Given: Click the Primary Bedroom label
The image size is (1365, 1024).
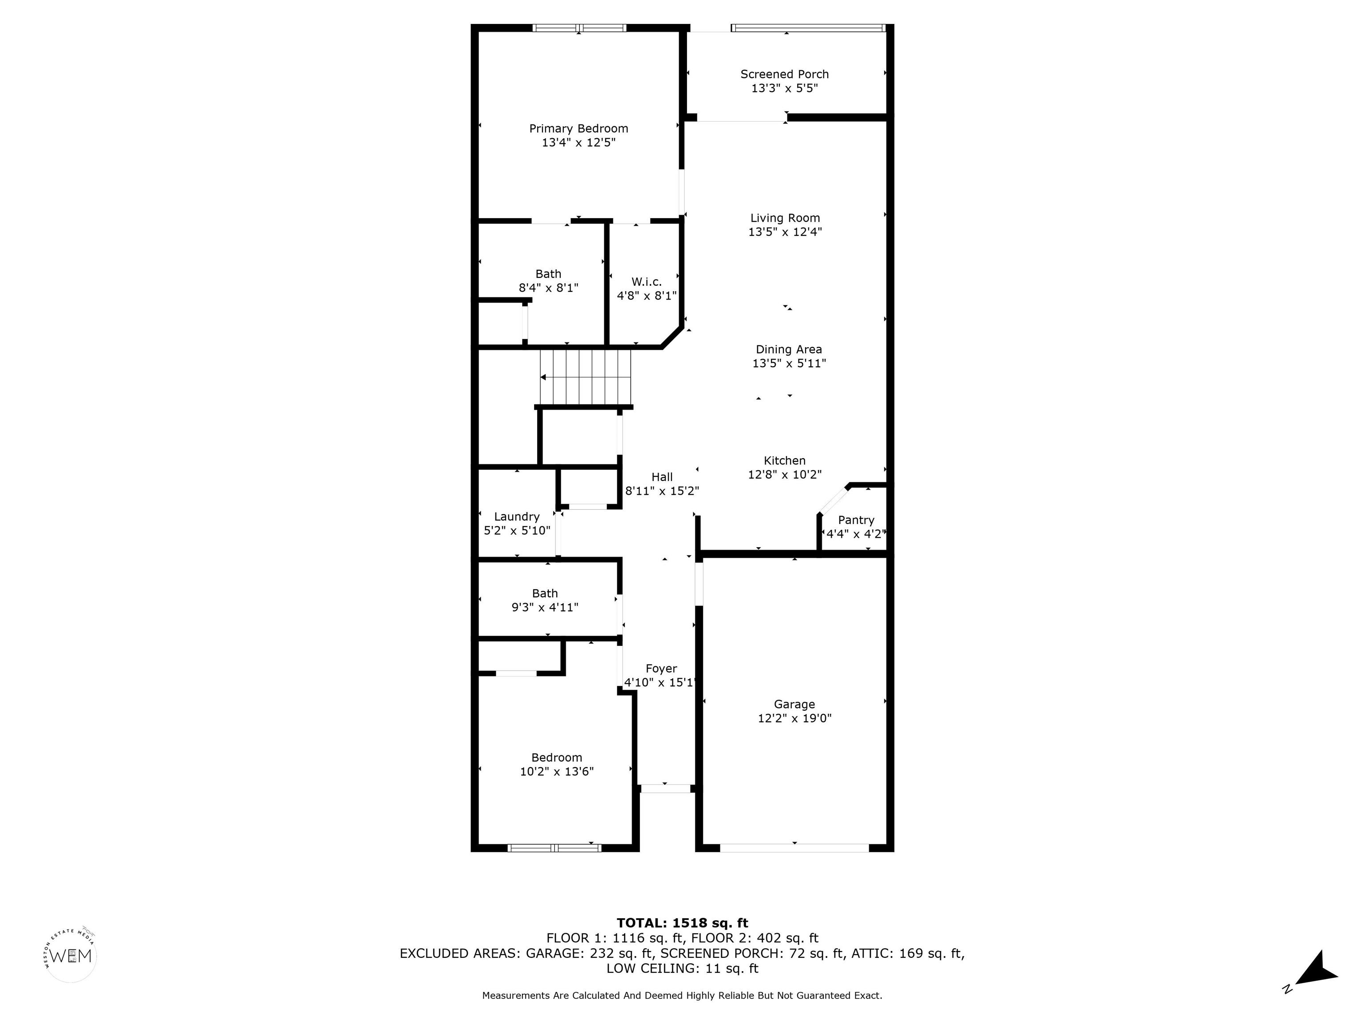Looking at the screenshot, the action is click(x=578, y=128).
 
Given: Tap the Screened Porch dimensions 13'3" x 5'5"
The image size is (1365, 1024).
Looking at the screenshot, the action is click(x=784, y=88).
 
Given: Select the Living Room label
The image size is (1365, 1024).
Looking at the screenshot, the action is click(x=785, y=218).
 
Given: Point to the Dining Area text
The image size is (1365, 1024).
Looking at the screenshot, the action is click(x=789, y=349).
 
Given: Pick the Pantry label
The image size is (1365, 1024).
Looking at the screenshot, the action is click(x=856, y=520).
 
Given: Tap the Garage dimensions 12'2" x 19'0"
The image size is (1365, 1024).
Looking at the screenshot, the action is click(x=795, y=718).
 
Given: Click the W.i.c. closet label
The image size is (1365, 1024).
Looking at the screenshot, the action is click(x=646, y=281).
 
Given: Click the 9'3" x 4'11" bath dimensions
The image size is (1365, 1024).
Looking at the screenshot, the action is click(x=545, y=608).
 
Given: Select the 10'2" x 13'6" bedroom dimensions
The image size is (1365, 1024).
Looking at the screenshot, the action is click(x=557, y=772).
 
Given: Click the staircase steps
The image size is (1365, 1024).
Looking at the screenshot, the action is click(x=586, y=376).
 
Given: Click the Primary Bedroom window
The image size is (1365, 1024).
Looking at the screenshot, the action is click(x=579, y=28).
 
